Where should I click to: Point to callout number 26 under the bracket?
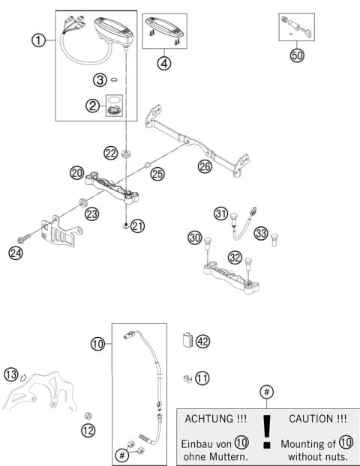click(205, 166)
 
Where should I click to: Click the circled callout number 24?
click(15, 253)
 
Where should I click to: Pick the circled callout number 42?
click(202, 342)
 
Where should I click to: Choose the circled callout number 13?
click(11, 374)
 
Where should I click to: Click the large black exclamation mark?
click(266, 435)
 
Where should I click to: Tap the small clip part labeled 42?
click(187, 341)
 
